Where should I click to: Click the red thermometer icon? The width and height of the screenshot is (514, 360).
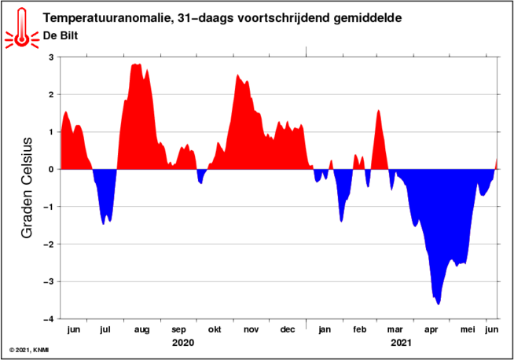coord(22,28)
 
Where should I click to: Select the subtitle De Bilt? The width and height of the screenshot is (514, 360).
coord(61,35)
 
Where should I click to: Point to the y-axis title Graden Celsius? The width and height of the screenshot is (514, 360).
coord(27,188)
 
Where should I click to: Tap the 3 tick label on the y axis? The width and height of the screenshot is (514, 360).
coord(51,57)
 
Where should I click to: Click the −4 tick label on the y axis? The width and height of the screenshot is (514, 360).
coord(48,319)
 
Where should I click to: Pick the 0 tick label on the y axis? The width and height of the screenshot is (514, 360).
coord(51,170)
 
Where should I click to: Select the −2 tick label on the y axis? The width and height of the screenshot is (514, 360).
coord(48,244)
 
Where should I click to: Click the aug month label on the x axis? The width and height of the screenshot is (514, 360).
coord(142,330)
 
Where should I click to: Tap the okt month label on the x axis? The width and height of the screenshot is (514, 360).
coord(215,329)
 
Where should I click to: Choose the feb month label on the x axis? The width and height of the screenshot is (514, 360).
coord(360,329)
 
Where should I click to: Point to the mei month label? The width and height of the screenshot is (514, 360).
coord(468,329)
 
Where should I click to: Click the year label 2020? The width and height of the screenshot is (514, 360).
coord(183,343)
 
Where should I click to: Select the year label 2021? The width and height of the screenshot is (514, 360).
coord(401,343)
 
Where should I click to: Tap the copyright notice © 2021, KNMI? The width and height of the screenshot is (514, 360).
coord(29,351)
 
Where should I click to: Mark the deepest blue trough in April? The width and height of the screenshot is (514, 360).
coord(439,304)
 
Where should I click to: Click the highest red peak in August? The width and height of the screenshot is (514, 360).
coord(136,64)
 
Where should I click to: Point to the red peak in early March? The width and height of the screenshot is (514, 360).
coord(379,111)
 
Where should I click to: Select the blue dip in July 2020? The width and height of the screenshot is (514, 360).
coord(103,224)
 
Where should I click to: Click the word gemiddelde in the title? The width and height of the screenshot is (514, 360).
coord(368,18)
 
